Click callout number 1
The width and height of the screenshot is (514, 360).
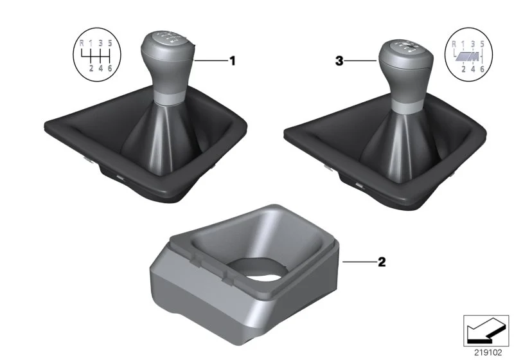232,60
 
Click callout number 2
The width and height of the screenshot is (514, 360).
382,262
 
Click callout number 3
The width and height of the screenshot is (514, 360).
339,60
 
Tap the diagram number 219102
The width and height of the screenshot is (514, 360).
488,353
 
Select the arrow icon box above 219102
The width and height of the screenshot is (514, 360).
486,330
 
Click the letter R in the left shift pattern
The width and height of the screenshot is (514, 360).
82,42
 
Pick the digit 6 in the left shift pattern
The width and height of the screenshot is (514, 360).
110,68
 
